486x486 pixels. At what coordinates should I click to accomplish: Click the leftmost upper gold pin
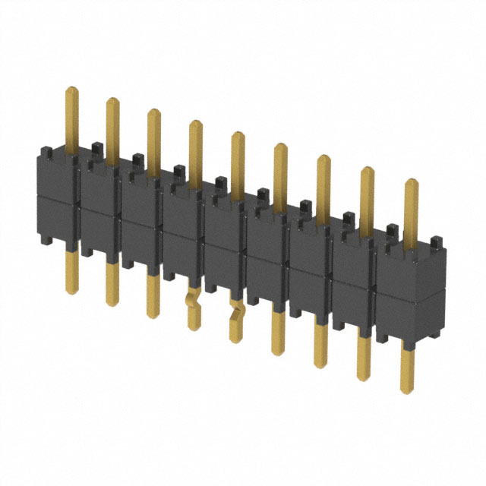click(72, 118)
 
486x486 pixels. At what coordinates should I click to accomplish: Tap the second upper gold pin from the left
click(112, 129)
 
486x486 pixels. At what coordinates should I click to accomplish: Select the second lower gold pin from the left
click(112, 285)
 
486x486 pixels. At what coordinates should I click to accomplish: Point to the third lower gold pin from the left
click(153, 296)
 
